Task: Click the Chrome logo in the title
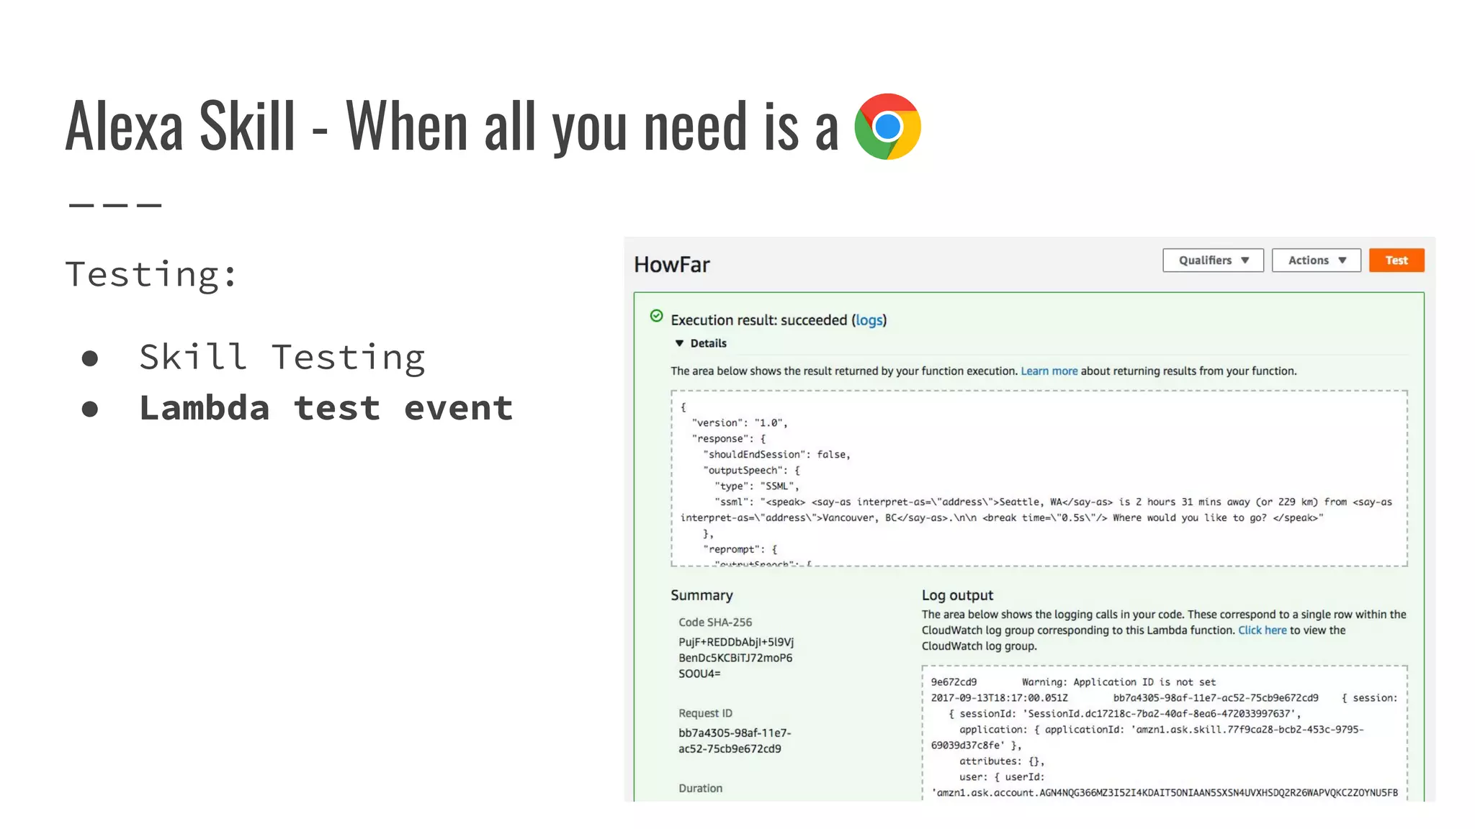click(887, 127)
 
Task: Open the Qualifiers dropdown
click(1213, 261)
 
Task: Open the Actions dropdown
click(1316, 261)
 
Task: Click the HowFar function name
click(671, 265)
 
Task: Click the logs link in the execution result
click(869, 320)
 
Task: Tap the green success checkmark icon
click(656, 316)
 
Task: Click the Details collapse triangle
click(679, 343)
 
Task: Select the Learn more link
click(1049, 371)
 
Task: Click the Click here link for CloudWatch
click(1262, 630)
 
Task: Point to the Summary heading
click(701, 595)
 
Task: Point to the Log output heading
click(957, 595)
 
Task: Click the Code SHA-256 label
click(714, 622)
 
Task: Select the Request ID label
click(705, 713)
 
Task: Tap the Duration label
click(700, 789)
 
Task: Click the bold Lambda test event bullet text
click(326, 408)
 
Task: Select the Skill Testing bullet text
click(282, 358)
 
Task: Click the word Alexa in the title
click(124, 127)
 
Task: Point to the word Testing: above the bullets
click(151, 274)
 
